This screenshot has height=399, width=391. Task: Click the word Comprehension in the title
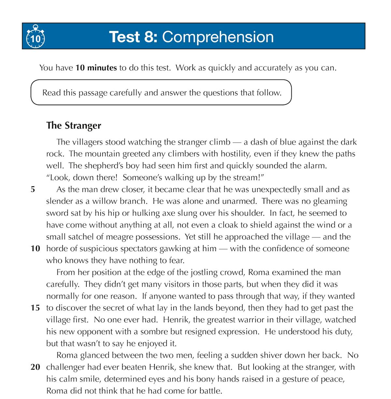218,37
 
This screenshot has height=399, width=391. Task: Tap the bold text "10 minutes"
96,68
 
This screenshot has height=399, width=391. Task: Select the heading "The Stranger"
74,125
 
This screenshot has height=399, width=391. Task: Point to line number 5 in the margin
33,189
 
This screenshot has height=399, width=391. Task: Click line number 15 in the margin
35,308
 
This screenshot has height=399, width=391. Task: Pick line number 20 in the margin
35,367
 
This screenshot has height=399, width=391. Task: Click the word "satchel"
76,237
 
